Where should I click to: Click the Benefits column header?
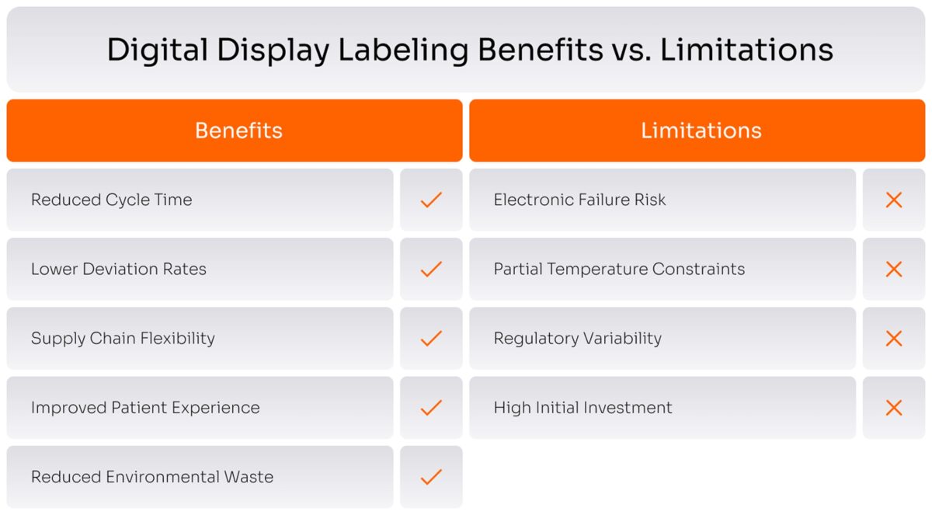238,130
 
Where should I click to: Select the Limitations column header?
701,130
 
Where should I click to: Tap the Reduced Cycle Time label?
111,200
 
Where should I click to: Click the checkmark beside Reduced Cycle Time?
431,200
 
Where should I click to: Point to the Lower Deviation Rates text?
119,270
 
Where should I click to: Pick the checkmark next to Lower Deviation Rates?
431,270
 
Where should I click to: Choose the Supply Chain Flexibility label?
123,339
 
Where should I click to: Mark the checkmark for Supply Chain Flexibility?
431,339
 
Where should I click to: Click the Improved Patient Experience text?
145,408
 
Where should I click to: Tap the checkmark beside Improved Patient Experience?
431,408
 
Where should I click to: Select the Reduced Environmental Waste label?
152,477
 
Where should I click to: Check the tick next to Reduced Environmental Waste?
431,477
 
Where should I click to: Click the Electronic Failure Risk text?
579,200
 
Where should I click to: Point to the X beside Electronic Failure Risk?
894,200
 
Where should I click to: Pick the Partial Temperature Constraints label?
619,270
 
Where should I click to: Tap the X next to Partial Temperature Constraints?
894,270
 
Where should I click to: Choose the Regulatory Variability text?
578,339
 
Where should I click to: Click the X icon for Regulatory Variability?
894,339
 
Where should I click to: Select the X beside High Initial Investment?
894,408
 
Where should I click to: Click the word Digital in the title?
157,50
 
